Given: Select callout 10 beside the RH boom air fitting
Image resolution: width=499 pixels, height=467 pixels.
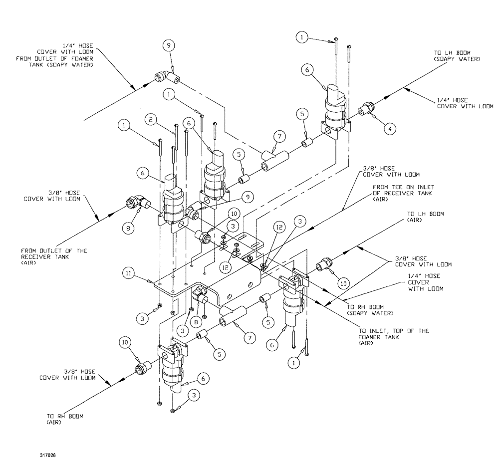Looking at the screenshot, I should [x=124, y=342].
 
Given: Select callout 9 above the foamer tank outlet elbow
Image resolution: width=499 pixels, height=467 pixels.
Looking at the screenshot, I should [x=169, y=45].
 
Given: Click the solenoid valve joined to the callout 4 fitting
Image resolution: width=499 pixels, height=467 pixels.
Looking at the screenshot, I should [x=335, y=111].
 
